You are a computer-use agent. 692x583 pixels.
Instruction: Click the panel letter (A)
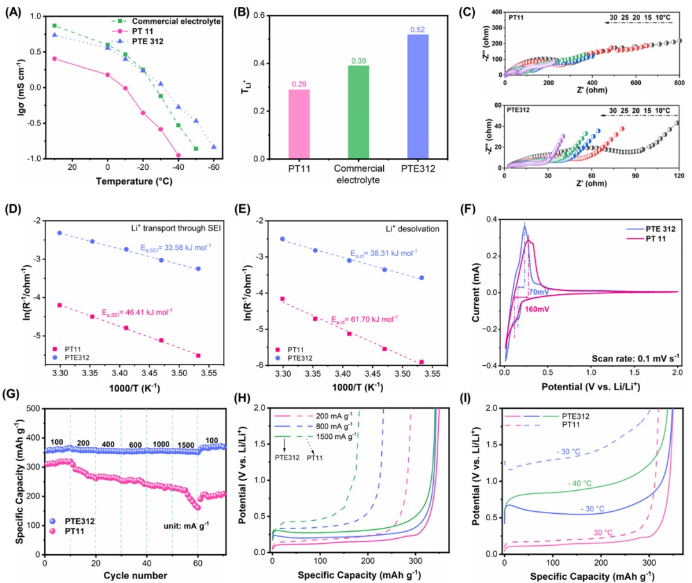point(12,10)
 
